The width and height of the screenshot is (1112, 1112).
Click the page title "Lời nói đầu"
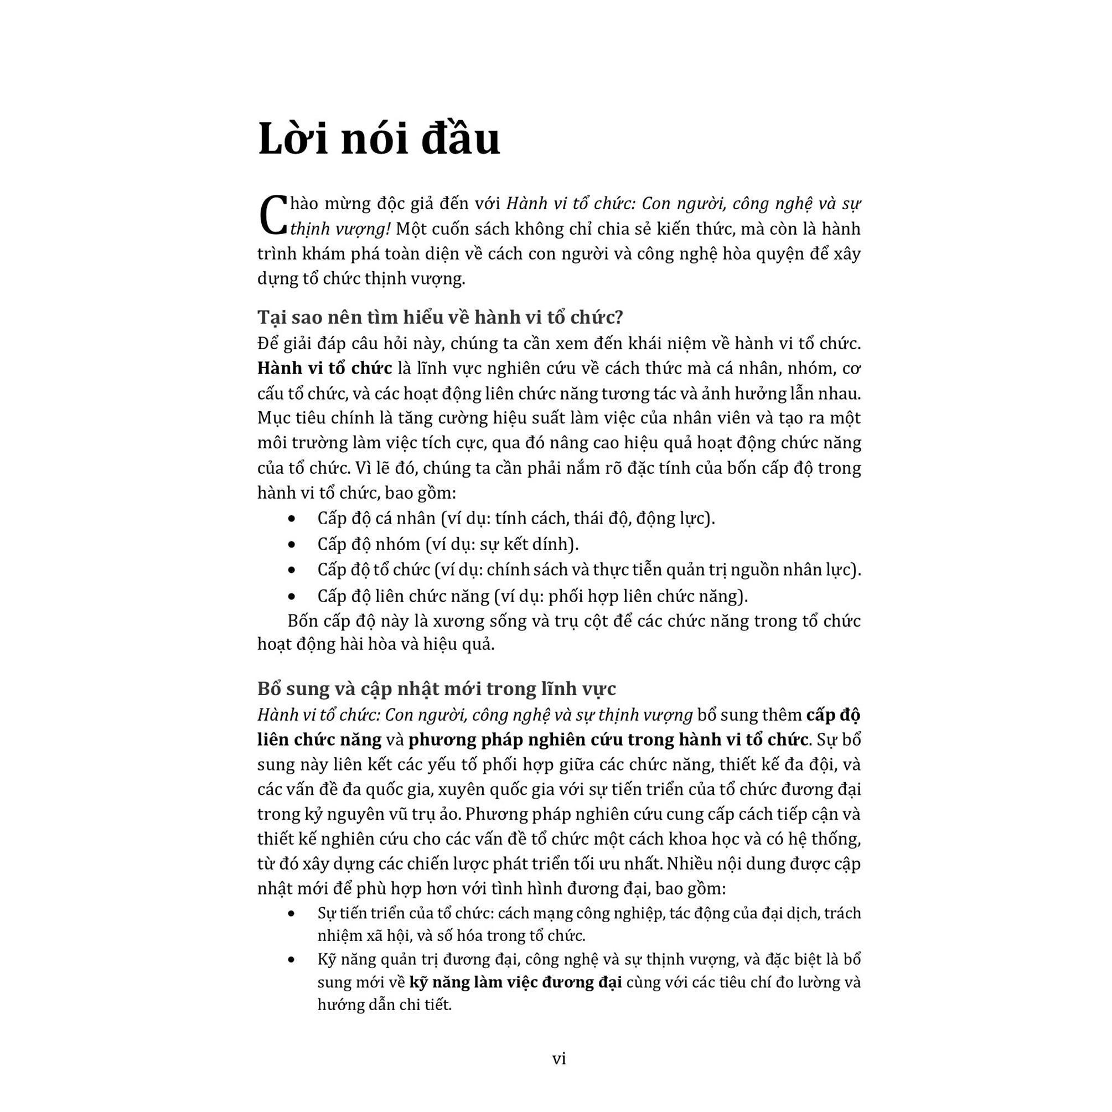point(379,139)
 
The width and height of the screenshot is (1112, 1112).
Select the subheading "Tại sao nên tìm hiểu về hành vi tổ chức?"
point(440,317)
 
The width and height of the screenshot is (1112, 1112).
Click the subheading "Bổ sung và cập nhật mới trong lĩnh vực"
point(436,689)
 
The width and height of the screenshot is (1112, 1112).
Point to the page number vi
point(559,1058)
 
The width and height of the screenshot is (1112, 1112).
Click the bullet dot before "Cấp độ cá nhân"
point(292,519)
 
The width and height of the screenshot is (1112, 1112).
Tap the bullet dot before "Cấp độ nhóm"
point(292,545)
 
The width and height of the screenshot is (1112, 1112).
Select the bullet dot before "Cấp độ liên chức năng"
point(292,596)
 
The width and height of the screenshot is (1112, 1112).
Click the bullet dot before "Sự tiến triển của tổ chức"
point(292,913)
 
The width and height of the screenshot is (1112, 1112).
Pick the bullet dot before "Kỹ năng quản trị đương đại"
point(292,959)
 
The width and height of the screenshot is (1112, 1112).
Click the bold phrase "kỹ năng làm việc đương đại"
point(516,982)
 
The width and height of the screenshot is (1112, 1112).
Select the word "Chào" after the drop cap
point(302,204)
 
